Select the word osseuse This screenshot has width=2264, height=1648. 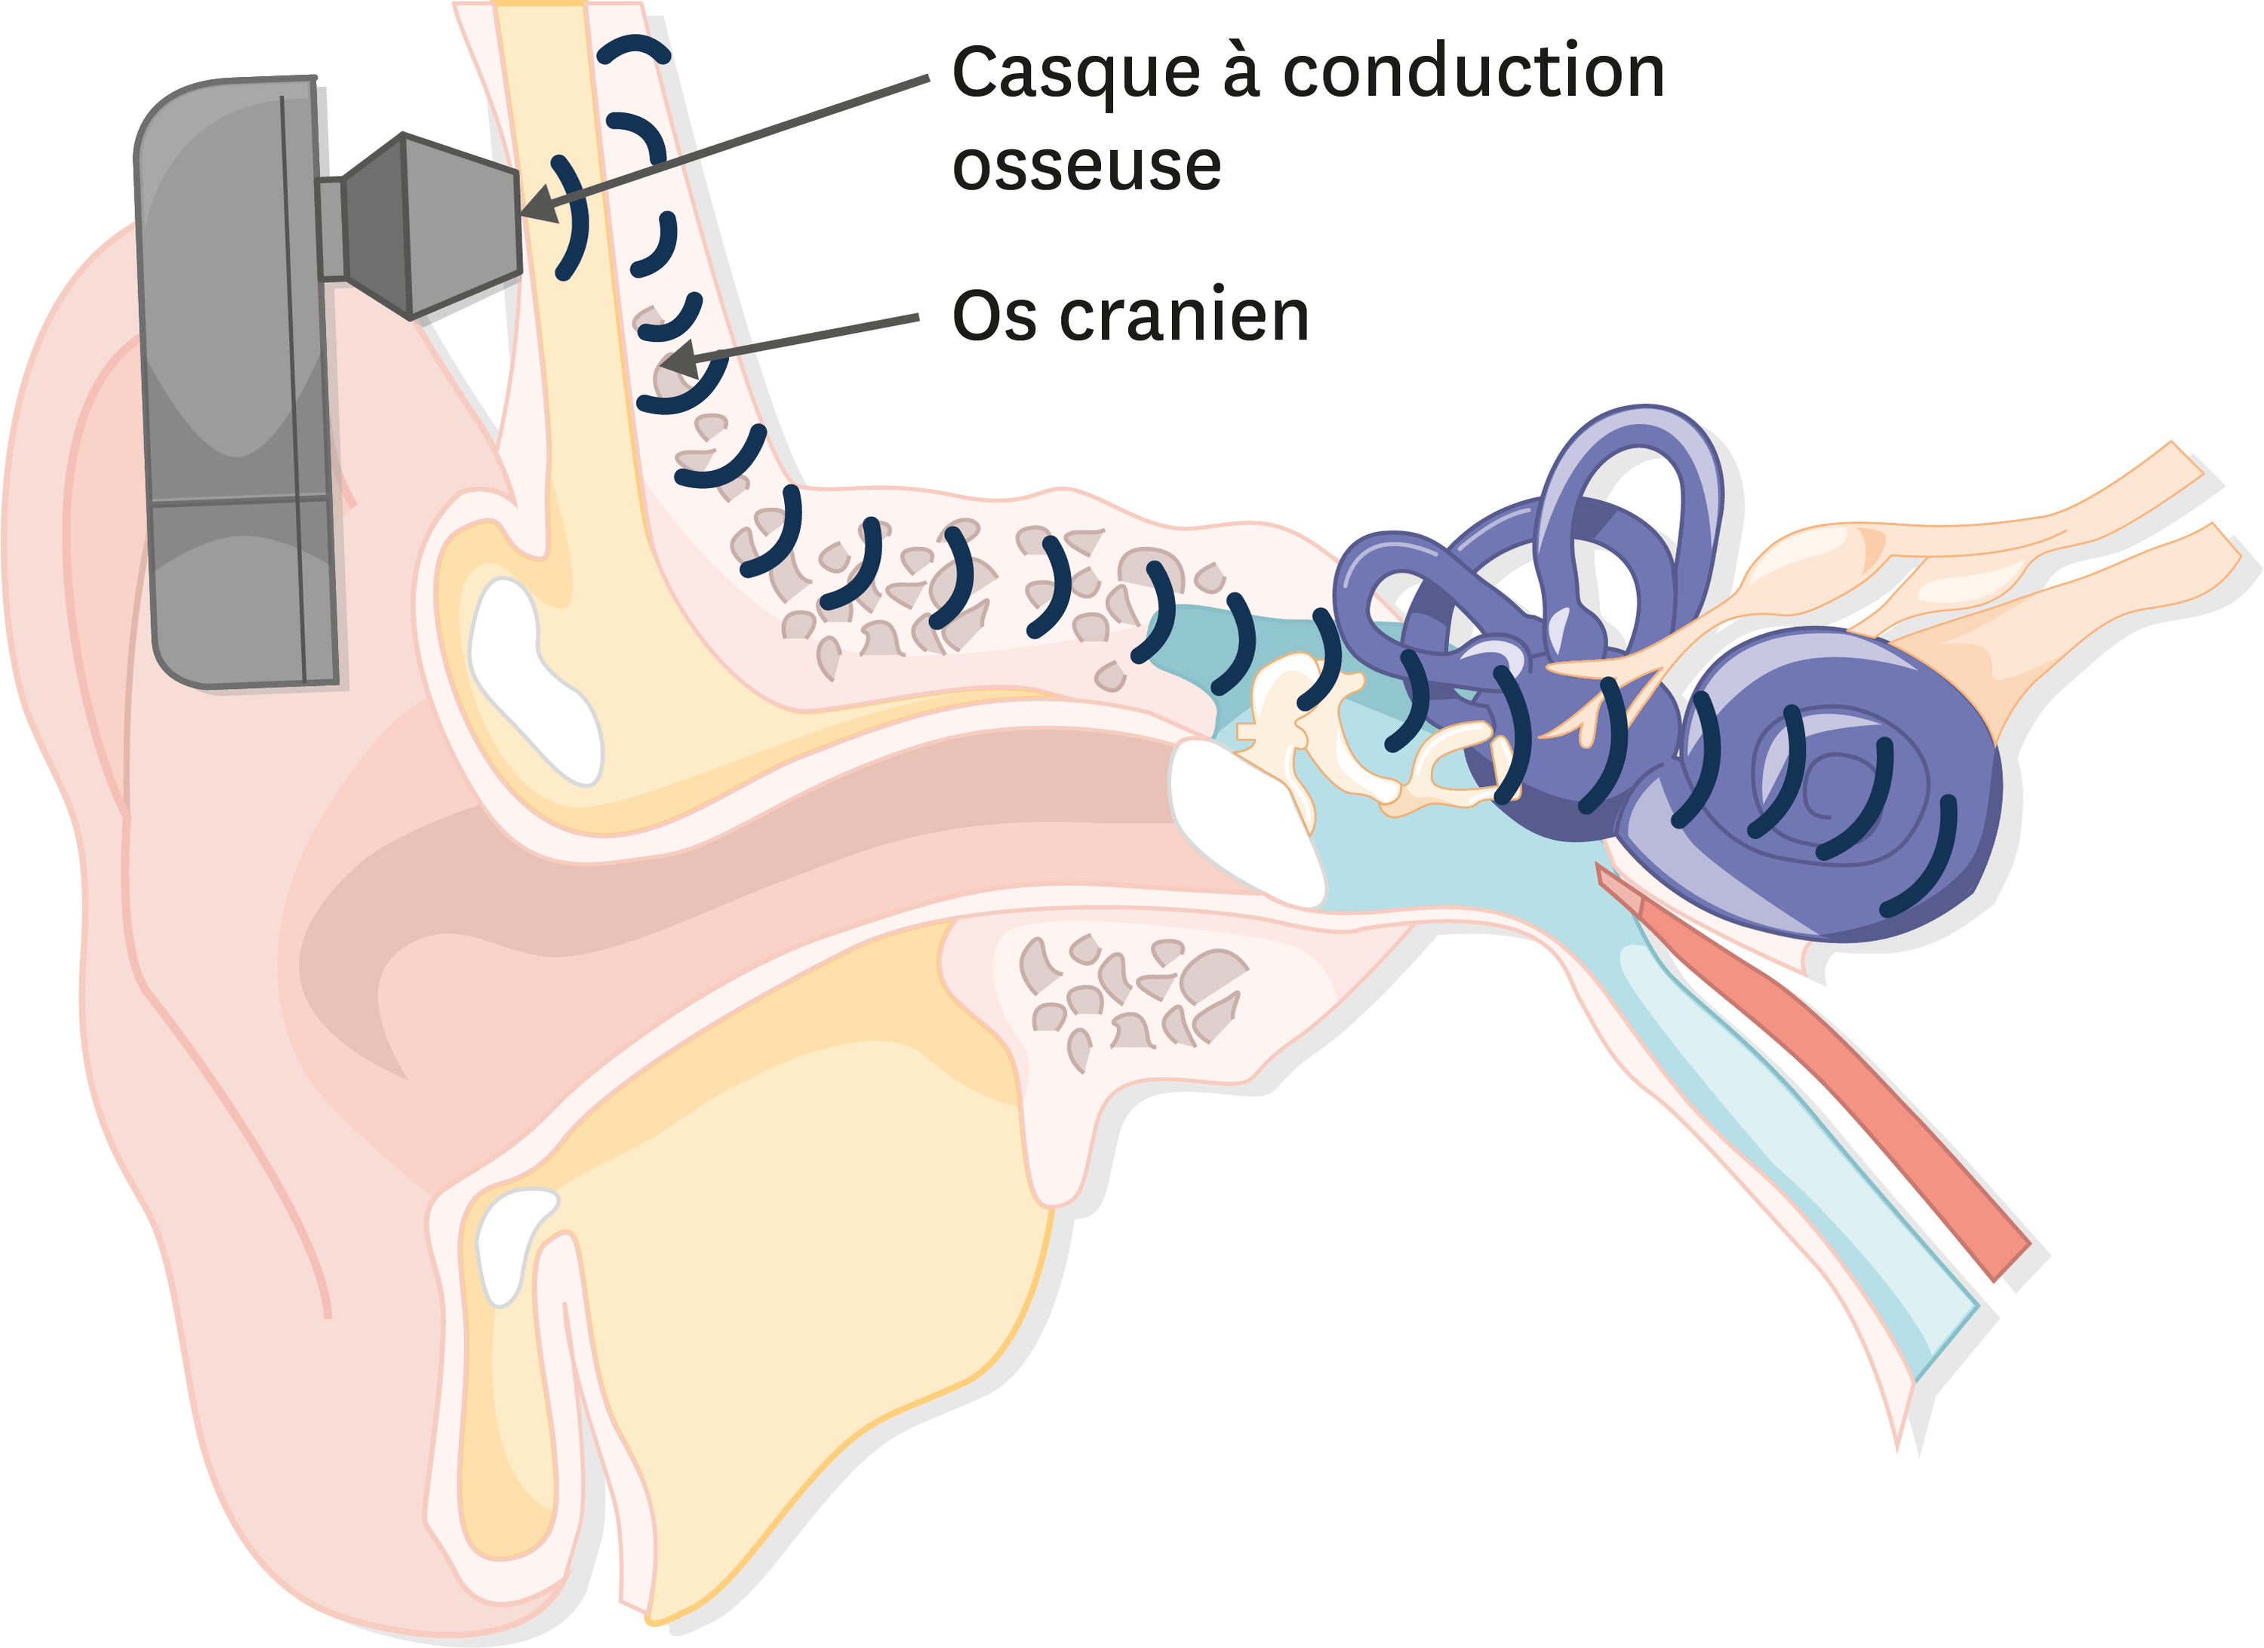[x=1087, y=166]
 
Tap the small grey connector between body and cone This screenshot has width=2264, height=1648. [x=331, y=229]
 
